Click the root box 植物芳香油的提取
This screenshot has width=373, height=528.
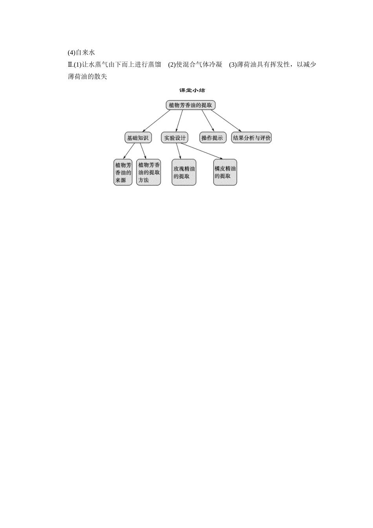[x=190, y=105]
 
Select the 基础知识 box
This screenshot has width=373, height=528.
[x=138, y=137]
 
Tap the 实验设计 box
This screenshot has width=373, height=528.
[x=175, y=137]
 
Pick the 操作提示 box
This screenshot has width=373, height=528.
[x=212, y=137]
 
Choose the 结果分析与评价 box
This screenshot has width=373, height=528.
[x=252, y=137]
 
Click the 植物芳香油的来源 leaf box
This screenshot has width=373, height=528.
[x=123, y=172]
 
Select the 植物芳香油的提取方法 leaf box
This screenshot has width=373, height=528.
[x=149, y=172]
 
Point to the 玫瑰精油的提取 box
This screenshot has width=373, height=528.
[x=184, y=172]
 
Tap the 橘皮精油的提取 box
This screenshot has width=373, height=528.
[x=225, y=172]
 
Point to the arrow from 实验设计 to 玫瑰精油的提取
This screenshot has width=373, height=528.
[x=179, y=151]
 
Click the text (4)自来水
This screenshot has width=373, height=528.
[x=81, y=52]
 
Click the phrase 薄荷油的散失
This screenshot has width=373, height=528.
[x=87, y=77]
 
